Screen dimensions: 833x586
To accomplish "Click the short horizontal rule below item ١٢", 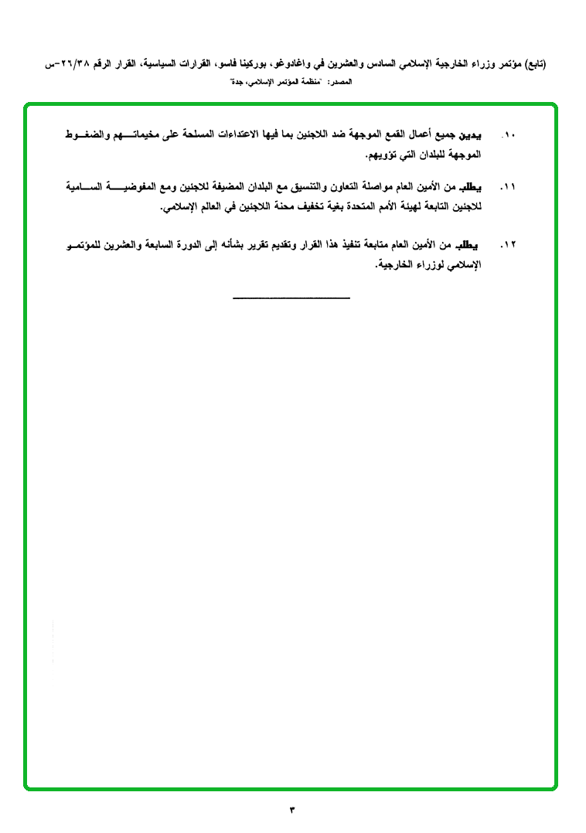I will (x=291, y=297).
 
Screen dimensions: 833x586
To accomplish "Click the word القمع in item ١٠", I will (x=388, y=135).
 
